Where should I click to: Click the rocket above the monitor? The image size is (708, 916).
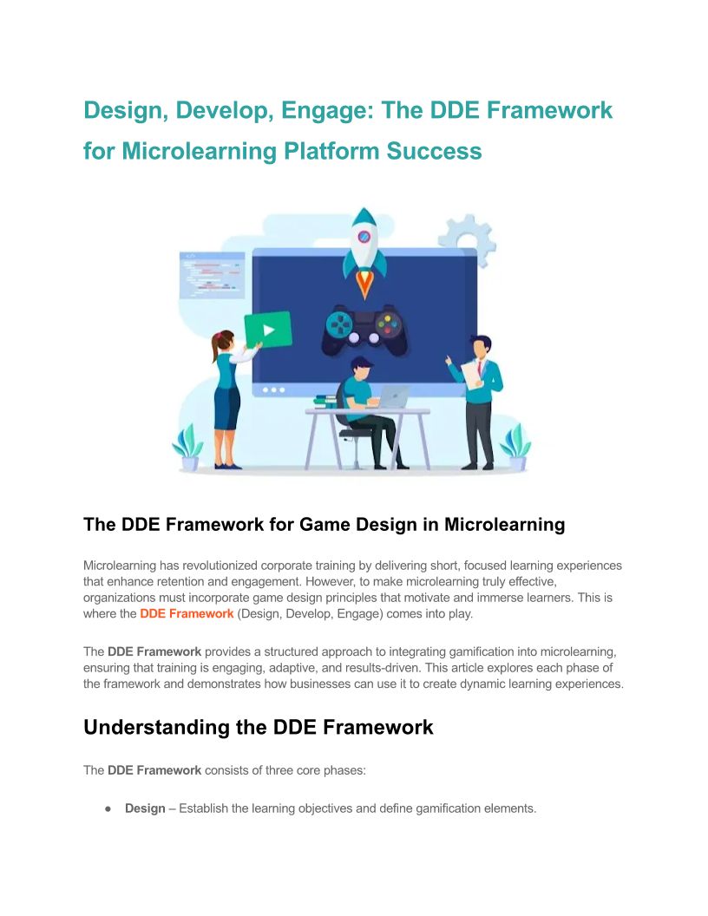click(x=364, y=252)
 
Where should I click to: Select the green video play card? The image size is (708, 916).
click(x=268, y=330)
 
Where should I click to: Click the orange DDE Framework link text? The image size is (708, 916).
click(x=187, y=614)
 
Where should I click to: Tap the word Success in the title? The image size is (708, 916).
click(x=434, y=151)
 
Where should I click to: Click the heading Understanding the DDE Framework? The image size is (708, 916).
click(x=259, y=727)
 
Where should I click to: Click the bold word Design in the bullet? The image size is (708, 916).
click(x=145, y=808)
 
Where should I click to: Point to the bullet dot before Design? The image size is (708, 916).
click(x=108, y=809)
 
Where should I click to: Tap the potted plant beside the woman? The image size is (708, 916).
click(x=188, y=448)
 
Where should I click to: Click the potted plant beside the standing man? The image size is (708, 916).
click(x=515, y=448)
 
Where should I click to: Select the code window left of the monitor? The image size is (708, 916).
click(x=212, y=275)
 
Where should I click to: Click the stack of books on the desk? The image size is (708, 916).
click(x=324, y=402)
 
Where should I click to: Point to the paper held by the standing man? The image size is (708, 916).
click(x=473, y=374)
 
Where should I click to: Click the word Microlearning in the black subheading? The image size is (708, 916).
click(x=504, y=525)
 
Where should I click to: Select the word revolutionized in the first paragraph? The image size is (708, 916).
click(x=220, y=566)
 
